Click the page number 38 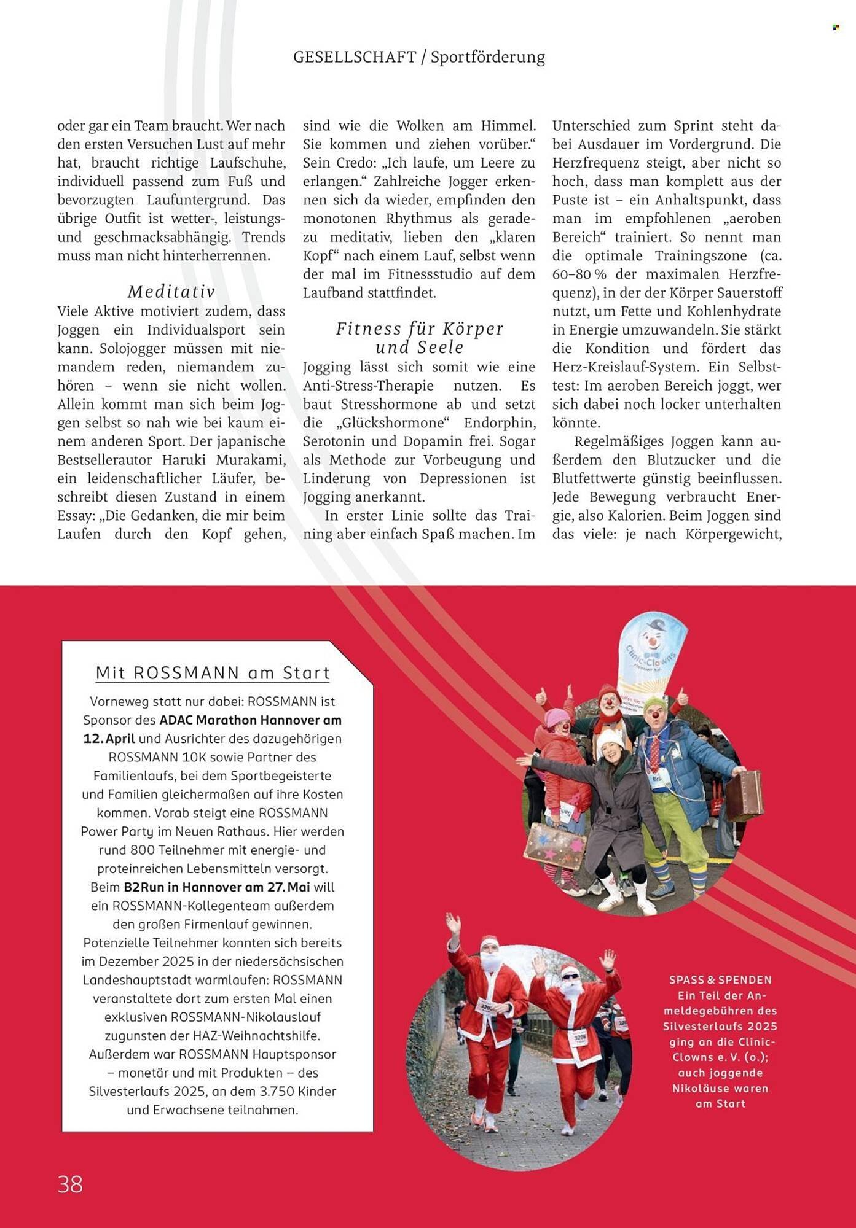tap(70, 1183)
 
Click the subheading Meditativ tap(171, 291)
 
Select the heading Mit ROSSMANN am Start tap(213, 672)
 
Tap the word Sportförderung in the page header tap(487, 57)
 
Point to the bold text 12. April tap(109, 738)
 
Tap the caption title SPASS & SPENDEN tap(720, 979)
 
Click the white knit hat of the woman tap(608, 737)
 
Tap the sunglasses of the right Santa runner tap(570, 976)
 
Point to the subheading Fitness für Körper tap(420, 328)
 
